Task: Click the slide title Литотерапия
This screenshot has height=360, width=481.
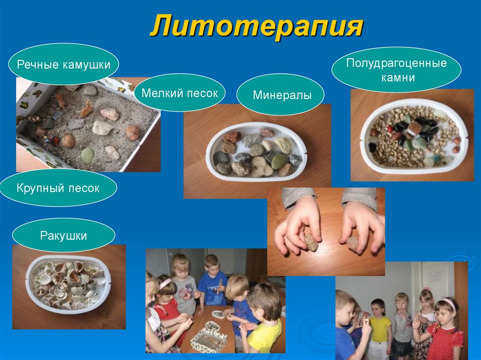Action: pyautogui.click(x=256, y=27)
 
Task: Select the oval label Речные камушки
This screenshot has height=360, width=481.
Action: pyautogui.click(x=63, y=64)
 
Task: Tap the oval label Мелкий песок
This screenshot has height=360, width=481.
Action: pyautogui.click(x=180, y=92)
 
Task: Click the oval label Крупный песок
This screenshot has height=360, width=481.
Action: pyautogui.click(x=58, y=188)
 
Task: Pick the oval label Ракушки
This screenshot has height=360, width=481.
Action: pyautogui.click(x=63, y=235)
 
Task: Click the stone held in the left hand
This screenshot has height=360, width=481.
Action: pyautogui.click(x=311, y=242)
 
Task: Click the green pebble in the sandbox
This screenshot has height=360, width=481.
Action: pyautogui.click(x=87, y=155)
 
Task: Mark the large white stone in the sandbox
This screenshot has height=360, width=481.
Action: pyautogui.click(x=102, y=127)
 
